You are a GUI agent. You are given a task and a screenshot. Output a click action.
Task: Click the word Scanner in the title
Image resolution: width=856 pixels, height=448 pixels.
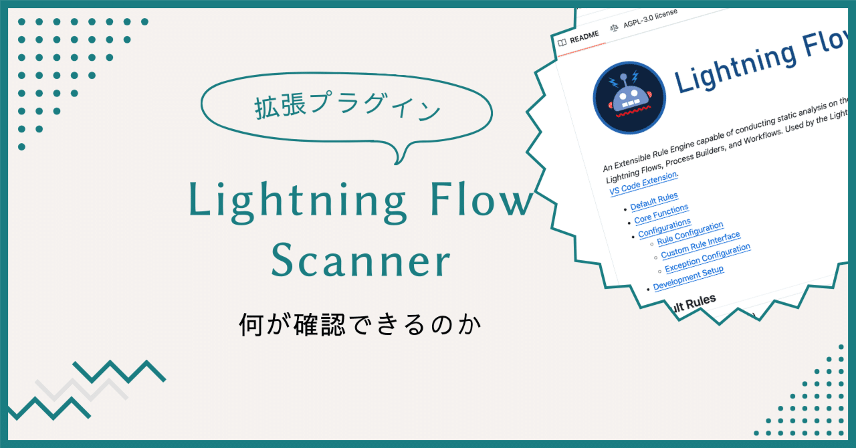pyautogui.click(x=360, y=262)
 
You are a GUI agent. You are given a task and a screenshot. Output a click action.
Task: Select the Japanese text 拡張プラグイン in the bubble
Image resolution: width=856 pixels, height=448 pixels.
pyautogui.click(x=348, y=107)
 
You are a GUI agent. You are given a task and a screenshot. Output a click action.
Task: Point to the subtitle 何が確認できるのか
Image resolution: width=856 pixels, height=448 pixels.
pyautogui.click(x=360, y=326)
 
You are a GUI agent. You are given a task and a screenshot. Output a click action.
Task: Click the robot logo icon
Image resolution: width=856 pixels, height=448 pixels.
pyautogui.click(x=629, y=98)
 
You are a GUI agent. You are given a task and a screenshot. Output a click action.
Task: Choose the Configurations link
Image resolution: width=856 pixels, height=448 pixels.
pyautogui.click(x=664, y=228)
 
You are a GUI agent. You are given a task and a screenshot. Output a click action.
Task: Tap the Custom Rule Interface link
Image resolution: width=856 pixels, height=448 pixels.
pyautogui.click(x=700, y=245)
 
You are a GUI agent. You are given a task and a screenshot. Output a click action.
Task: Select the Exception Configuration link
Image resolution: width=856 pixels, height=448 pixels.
pyautogui.click(x=708, y=258)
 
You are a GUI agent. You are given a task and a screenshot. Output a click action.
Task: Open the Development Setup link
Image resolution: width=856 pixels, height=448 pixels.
pyautogui.click(x=688, y=277)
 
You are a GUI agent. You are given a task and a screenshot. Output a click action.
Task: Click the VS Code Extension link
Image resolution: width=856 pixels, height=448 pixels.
pyautogui.click(x=644, y=184)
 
